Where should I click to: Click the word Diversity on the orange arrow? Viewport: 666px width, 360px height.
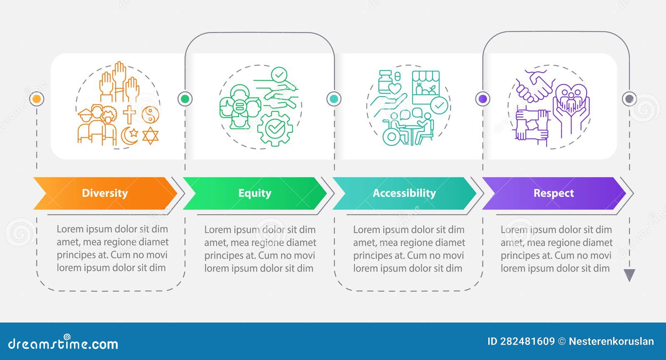point(104,193)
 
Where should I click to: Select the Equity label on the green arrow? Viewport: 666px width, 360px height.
point(255,194)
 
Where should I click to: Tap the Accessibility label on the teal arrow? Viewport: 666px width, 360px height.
point(404,193)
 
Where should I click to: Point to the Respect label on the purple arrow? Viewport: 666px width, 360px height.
point(554,194)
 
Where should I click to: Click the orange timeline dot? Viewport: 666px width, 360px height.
point(37,99)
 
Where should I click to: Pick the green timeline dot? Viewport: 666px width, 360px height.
point(185,99)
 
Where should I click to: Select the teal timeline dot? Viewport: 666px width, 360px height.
point(334,99)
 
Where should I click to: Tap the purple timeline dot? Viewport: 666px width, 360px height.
point(482,99)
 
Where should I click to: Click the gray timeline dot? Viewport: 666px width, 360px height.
point(629,99)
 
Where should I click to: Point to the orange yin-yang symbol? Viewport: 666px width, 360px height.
point(150,114)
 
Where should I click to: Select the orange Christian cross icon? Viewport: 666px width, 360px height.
point(129,114)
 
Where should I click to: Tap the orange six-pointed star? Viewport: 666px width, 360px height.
point(150,136)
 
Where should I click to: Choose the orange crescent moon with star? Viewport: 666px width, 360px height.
point(129,136)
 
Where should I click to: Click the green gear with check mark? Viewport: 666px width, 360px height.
point(275,129)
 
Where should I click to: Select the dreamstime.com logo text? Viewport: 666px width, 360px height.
point(63,343)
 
